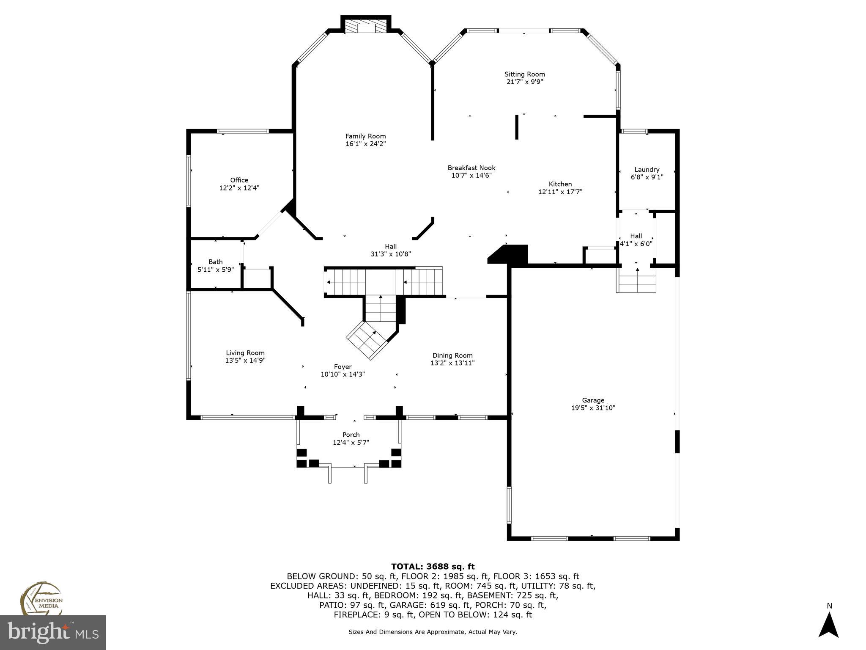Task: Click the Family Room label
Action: click(365, 136)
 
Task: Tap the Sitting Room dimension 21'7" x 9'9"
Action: click(524, 82)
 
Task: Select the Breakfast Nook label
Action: click(471, 168)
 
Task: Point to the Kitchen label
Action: click(560, 184)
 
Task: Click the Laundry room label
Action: click(647, 170)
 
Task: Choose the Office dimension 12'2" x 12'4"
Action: click(239, 188)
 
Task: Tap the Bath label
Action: click(215, 262)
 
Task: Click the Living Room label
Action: click(245, 353)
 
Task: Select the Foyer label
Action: click(343, 367)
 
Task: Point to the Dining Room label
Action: click(452, 355)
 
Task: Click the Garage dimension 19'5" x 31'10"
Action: click(593, 408)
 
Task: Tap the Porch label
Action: click(351, 435)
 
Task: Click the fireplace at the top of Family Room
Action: click(366, 27)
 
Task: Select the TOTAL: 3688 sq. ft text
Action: click(433, 567)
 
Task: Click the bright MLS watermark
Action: click(53, 633)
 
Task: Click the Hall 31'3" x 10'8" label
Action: click(391, 250)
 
